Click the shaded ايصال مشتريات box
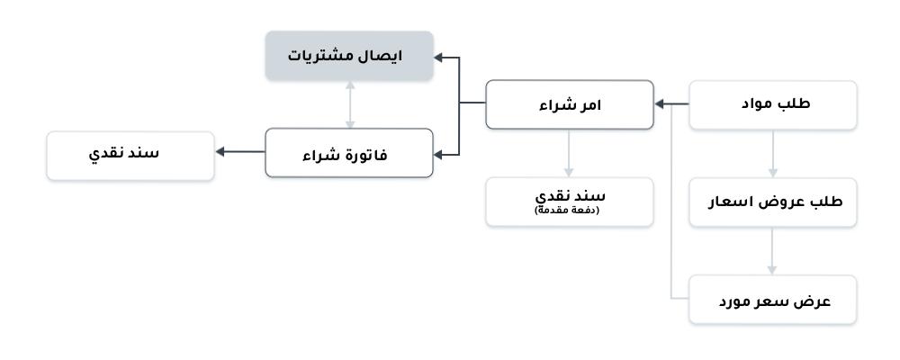click(349, 56)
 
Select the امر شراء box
click(570, 104)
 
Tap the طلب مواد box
click(772, 104)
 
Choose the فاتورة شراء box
click(349, 153)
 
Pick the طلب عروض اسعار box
click(772, 202)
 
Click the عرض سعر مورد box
click(772, 300)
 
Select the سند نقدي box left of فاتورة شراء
click(130, 156)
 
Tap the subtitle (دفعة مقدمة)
click(566, 210)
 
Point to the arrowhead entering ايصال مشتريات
click(438, 57)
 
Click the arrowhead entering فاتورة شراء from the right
click(438, 155)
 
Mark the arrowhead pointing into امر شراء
click(660, 103)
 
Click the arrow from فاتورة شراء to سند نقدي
click(240, 151)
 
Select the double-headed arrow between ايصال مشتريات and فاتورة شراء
click(349, 104)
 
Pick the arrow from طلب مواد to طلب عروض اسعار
click(772, 154)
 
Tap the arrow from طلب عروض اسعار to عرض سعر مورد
click(772, 251)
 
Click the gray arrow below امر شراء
click(569, 153)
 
